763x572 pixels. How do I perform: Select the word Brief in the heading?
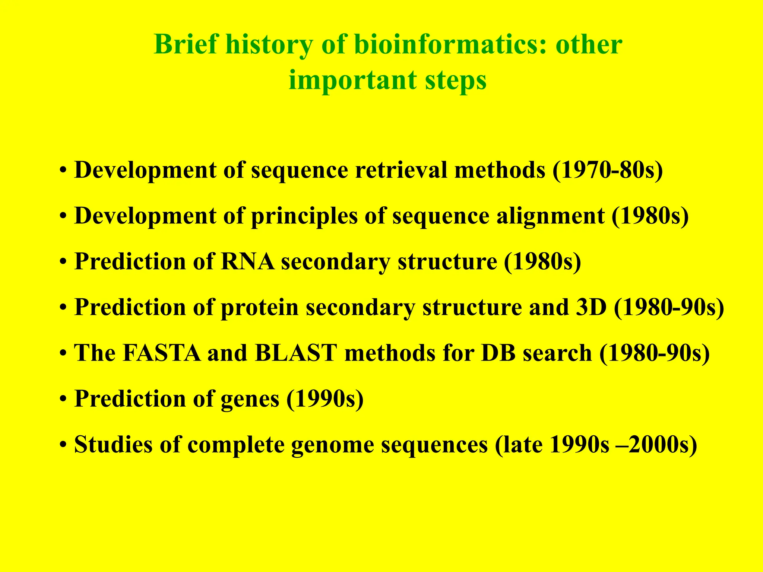tap(186, 45)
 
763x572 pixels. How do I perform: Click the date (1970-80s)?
tap(608, 170)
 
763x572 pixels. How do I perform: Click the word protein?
tap(260, 307)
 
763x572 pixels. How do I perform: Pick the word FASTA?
tap(161, 353)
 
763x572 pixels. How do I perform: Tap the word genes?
tap(250, 399)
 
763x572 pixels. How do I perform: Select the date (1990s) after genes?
tap(325, 399)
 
